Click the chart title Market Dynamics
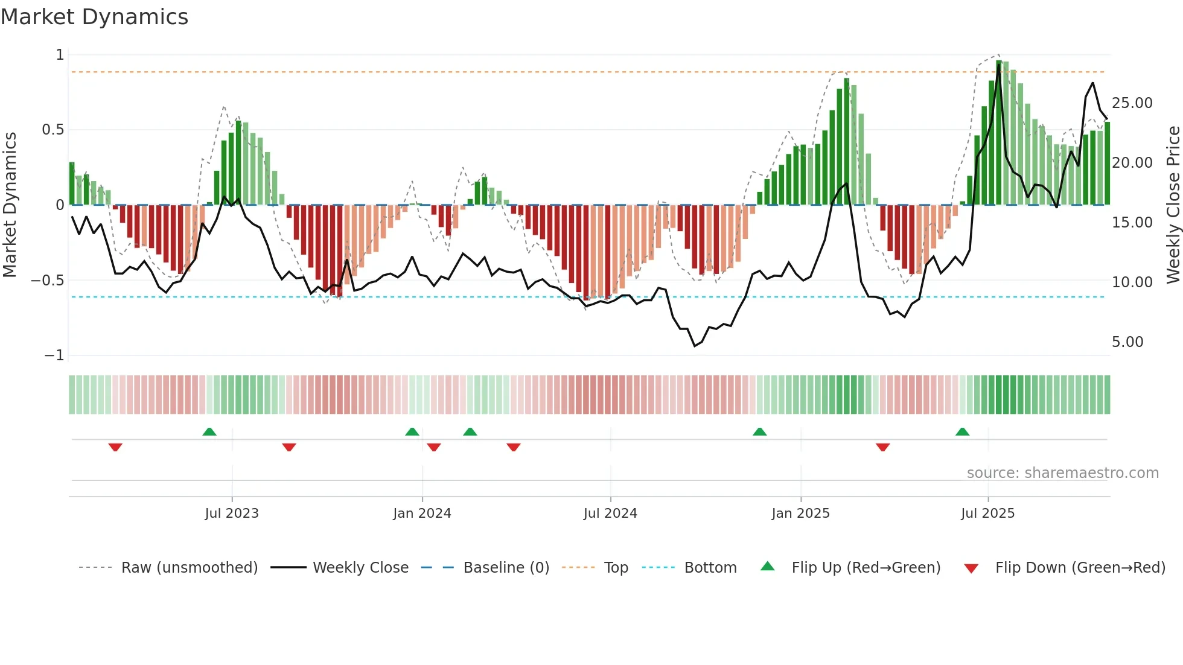[94, 17]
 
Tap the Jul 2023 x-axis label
[232, 514]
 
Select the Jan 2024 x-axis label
[422, 514]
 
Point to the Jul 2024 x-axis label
[610, 514]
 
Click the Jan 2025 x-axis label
[800, 514]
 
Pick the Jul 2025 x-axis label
[987, 514]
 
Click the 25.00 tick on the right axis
[1132, 103]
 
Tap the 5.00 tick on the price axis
[1127, 342]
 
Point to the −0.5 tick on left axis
[47, 281]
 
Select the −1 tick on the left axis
[54, 355]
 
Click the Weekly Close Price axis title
[1173, 205]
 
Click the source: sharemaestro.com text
[1062, 473]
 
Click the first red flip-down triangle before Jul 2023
[115, 447]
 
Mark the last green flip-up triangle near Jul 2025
[962, 431]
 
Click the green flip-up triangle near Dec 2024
[759, 431]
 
